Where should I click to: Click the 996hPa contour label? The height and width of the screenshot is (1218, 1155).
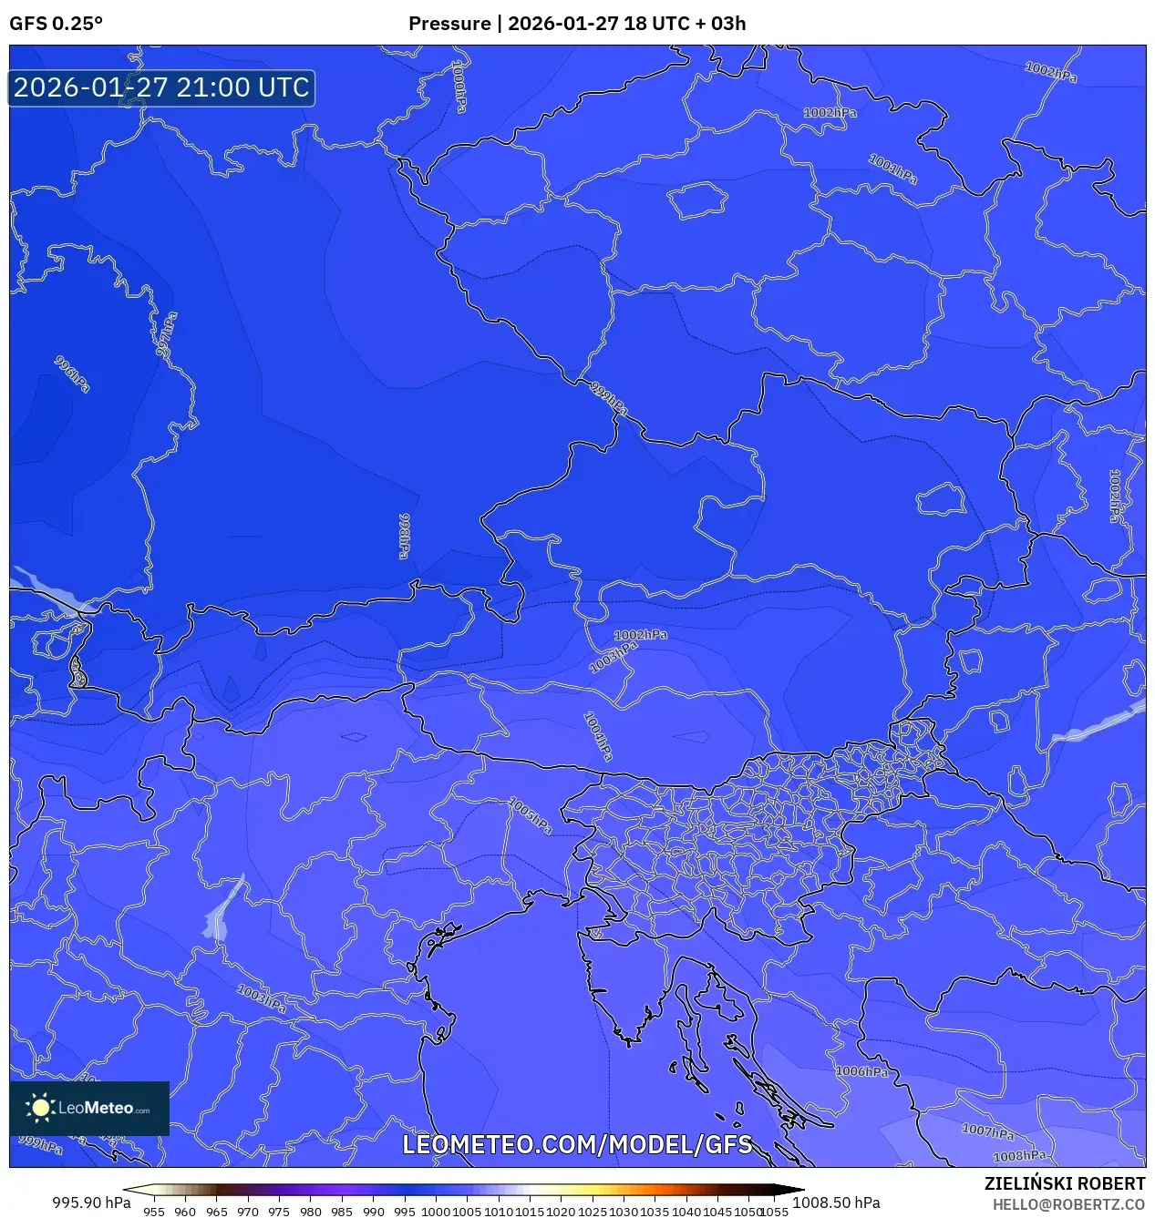click(72, 374)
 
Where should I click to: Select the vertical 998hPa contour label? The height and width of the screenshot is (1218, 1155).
click(404, 536)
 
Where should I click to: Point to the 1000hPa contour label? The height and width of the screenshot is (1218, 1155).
click(460, 87)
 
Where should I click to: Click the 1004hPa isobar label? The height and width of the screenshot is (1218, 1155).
click(597, 736)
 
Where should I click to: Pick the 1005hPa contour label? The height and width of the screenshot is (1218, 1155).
click(530, 815)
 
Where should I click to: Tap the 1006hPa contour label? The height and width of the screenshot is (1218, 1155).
click(861, 1071)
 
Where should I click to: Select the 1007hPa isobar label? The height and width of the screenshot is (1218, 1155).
click(988, 1131)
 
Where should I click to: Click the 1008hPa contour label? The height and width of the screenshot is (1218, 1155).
click(1019, 1156)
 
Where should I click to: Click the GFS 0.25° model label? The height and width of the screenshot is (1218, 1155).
click(56, 24)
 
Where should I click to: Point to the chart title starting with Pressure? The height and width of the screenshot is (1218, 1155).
click(577, 24)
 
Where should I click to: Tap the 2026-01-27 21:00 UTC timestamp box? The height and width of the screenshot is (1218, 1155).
click(161, 88)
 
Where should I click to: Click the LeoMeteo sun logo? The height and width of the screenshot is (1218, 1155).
click(40, 1108)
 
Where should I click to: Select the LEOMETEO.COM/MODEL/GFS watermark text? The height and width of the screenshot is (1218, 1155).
click(577, 1145)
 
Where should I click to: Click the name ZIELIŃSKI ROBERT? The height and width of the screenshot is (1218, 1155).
click(1064, 1183)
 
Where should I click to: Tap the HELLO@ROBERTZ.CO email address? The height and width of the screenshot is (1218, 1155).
click(1068, 1204)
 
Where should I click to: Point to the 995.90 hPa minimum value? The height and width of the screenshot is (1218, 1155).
click(91, 1203)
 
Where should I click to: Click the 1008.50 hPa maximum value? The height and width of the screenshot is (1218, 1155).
click(836, 1203)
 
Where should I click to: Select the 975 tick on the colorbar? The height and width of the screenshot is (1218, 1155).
click(279, 1212)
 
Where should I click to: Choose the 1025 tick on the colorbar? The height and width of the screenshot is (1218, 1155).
click(593, 1212)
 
